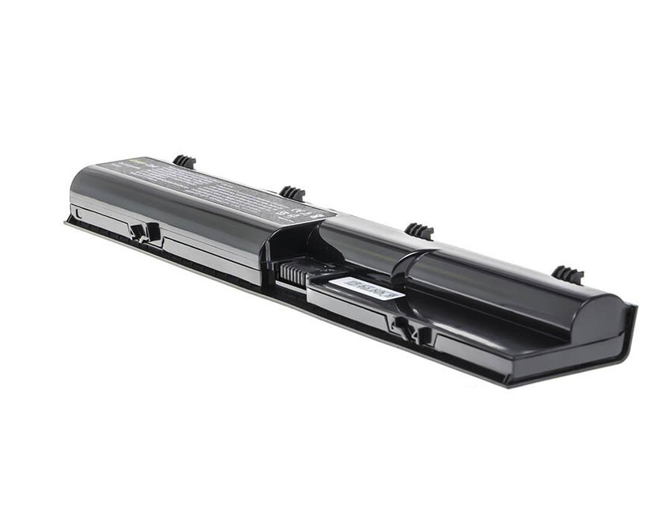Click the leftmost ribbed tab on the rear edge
click(184, 161)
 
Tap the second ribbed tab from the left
click(293, 192)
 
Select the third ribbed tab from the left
click(419, 230)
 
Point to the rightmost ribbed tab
click(567, 275)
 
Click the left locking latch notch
click(144, 232)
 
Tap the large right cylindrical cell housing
click(506, 285)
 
